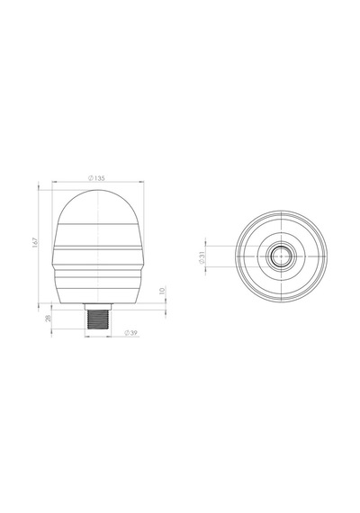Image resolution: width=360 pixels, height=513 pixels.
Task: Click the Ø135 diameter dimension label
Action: pyautogui.click(x=96, y=178)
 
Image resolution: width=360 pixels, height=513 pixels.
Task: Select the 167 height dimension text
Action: pyautogui.click(x=35, y=242)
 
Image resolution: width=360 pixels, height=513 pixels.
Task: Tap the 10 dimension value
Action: pyautogui.click(x=162, y=290)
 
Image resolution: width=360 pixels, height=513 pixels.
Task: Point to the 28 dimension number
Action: pyautogui.click(x=48, y=318)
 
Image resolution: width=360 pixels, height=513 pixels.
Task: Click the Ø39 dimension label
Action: pyautogui.click(x=130, y=333)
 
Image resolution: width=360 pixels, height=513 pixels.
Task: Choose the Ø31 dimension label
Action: pyautogui.click(x=202, y=257)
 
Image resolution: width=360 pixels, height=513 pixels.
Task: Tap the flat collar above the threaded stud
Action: pyautogui.click(x=98, y=307)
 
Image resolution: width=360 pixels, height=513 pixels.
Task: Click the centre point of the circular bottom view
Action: pyautogui.click(x=281, y=256)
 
